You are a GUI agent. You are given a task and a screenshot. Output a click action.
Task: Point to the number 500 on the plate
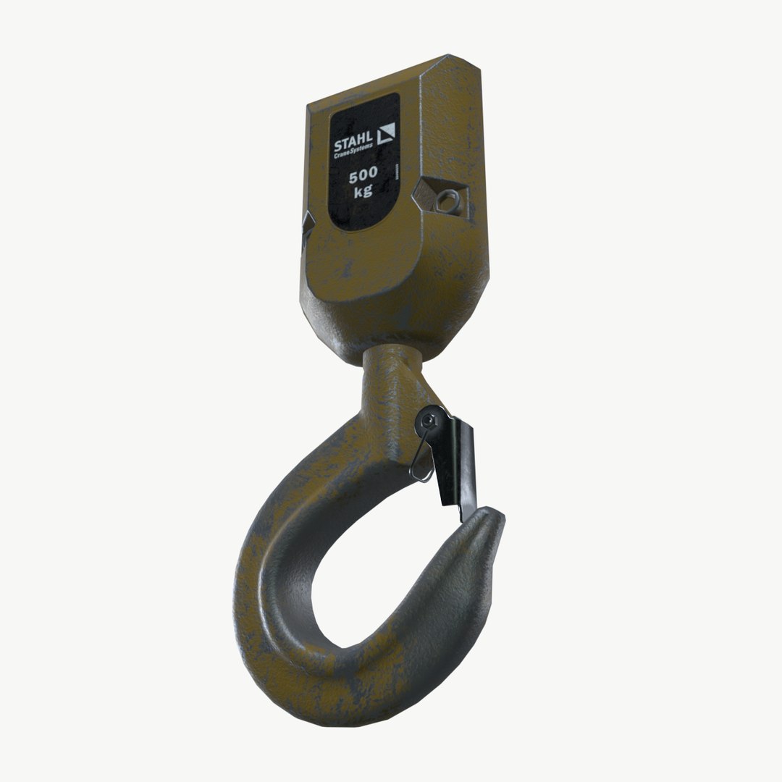tap(361, 176)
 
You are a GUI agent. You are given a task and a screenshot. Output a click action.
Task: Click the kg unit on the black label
tap(363, 192)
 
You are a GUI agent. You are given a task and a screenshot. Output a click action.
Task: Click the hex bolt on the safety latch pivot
tap(430, 420)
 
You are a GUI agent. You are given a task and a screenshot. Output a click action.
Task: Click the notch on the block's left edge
tap(306, 230)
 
